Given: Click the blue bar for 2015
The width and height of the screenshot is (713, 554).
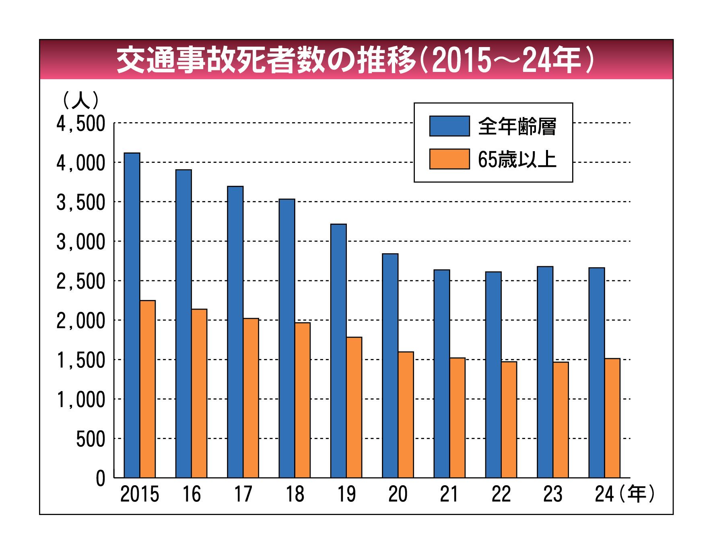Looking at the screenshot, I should (x=132, y=315).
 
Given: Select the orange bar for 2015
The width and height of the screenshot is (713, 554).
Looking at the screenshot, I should (x=148, y=389).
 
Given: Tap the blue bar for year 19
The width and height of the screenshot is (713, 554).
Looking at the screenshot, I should (x=338, y=351).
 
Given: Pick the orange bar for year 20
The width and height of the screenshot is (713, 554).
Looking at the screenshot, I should (x=406, y=414).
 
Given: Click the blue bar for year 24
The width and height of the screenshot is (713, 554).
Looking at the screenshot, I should (x=596, y=372).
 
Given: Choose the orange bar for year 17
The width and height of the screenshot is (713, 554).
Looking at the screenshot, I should (x=251, y=398).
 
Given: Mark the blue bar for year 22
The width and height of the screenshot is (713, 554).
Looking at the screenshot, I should (x=493, y=374).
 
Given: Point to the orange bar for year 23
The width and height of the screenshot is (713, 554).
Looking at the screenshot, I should (x=561, y=420).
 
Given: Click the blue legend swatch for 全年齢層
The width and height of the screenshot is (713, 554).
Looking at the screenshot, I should (x=449, y=126).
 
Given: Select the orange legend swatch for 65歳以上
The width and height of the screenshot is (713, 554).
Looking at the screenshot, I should (x=449, y=159).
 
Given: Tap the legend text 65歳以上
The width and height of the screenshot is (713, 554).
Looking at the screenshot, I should (x=517, y=160).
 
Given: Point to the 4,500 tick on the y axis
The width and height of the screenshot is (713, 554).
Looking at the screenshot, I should (x=80, y=124).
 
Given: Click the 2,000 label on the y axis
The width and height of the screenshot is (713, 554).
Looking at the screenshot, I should (x=80, y=321).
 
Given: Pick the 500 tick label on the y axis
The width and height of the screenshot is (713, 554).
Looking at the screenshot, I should (x=91, y=439).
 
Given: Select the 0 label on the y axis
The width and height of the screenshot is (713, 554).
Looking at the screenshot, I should (x=100, y=479).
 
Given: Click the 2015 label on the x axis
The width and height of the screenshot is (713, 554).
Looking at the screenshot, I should (x=140, y=494).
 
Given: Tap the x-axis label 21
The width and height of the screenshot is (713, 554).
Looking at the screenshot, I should (x=449, y=494).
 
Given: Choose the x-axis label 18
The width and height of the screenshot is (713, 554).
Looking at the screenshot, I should (x=295, y=494).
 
